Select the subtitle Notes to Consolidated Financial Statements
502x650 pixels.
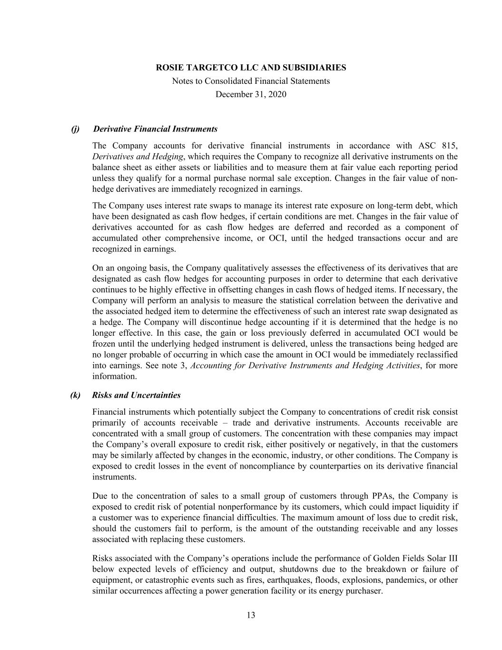(x=251, y=81)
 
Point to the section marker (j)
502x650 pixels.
(x=75, y=129)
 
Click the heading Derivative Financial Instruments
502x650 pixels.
(x=156, y=129)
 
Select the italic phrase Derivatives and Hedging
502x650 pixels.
(x=138, y=157)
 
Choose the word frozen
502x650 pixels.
(x=104, y=344)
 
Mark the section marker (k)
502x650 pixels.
(x=75, y=395)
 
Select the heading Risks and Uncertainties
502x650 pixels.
(x=137, y=395)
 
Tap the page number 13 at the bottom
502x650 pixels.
(x=251, y=615)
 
